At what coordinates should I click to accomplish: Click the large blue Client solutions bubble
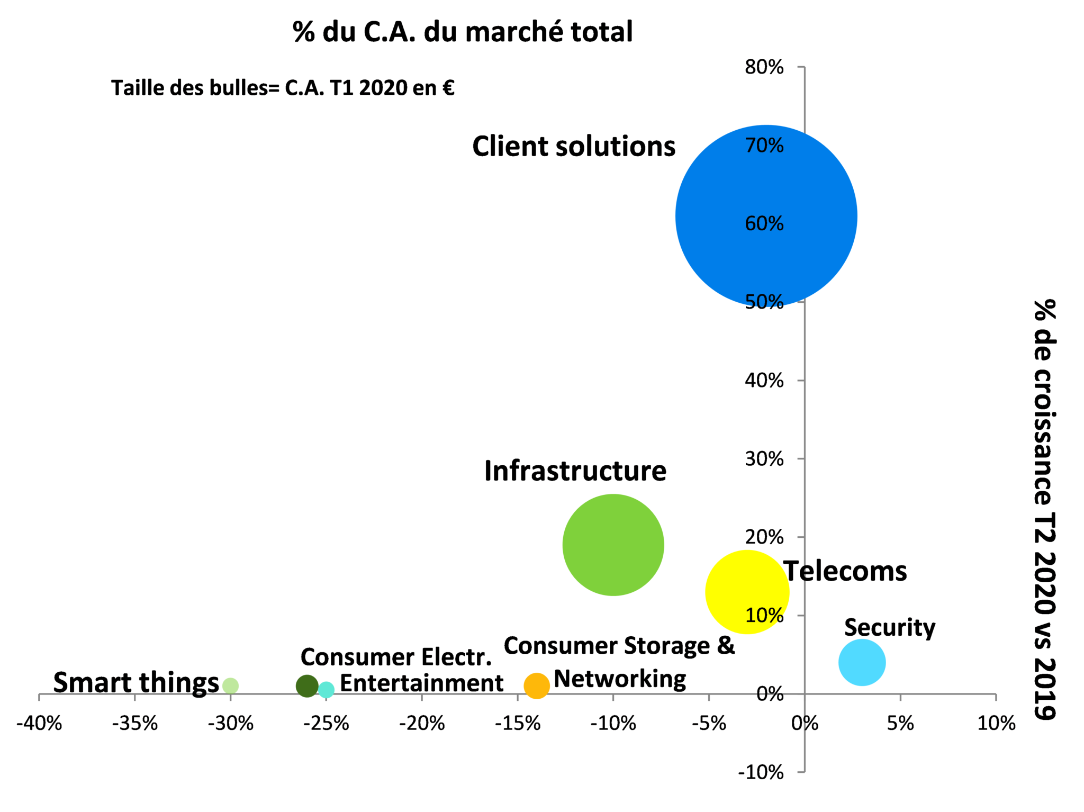[766, 216]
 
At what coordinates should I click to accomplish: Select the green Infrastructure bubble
[613, 545]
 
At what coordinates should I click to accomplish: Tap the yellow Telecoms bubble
[747, 592]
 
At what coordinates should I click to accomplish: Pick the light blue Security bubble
[862, 662]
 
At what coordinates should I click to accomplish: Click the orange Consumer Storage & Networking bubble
[536, 685]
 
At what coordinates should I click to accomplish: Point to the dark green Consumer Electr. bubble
[307, 686]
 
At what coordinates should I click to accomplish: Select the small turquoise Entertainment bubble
[327, 690]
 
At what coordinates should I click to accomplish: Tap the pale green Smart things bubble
[230, 686]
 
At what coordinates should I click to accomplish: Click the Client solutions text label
[574, 147]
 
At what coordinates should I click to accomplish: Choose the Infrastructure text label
[575, 471]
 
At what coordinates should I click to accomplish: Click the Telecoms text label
[846, 572]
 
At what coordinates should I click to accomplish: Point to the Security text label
[889, 628]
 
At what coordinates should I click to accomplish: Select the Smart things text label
[136, 683]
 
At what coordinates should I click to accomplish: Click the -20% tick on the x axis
[422, 723]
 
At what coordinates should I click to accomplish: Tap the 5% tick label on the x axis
[900, 723]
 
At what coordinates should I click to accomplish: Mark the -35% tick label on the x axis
[134, 723]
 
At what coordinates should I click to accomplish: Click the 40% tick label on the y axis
[764, 380]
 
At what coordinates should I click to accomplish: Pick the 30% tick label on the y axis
[764, 459]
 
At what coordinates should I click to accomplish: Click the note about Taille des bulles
[283, 88]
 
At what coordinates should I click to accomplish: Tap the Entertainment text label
[421, 683]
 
